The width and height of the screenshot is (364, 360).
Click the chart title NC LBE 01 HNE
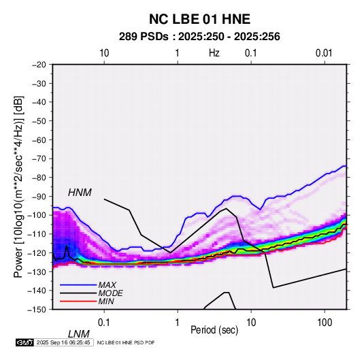[199, 19]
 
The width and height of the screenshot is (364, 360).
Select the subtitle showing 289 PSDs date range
[199, 37]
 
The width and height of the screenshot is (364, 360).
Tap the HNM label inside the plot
[80, 193]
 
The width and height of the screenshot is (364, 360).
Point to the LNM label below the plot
[78, 334]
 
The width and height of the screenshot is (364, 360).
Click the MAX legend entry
[107, 284]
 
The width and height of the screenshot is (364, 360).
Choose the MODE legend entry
[110, 293]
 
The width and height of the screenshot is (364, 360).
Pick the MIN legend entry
[106, 301]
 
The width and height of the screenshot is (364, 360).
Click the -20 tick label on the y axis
[39, 65]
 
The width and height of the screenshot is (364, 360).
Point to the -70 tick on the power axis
[39, 159]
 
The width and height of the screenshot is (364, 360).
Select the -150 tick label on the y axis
[37, 310]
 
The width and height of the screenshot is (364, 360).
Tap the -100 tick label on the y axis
[37, 215]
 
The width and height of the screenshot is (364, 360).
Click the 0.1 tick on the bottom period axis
[104, 322]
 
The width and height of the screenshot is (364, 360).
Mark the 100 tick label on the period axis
[325, 322]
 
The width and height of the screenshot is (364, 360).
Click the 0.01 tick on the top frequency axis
[324, 53]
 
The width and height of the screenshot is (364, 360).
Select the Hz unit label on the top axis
[214, 53]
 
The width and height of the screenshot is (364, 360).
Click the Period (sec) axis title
[214, 330]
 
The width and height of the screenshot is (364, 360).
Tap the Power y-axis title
[18, 186]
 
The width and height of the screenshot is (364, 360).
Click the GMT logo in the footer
[24, 342]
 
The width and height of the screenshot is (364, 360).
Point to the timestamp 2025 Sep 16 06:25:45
[63, 342]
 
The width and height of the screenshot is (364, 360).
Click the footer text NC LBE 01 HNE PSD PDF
[126, 342]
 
